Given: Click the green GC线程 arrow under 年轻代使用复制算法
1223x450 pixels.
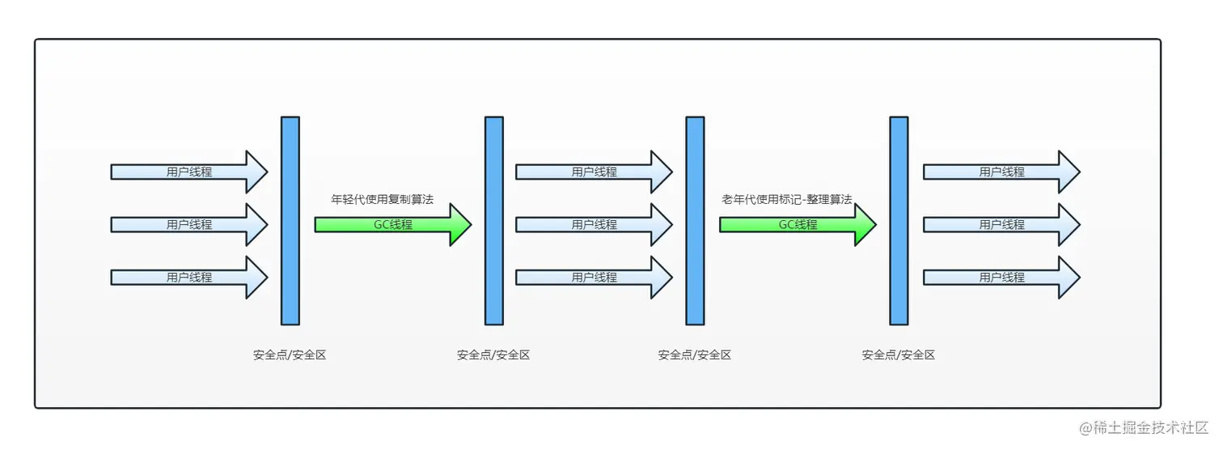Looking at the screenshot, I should pos(392,224).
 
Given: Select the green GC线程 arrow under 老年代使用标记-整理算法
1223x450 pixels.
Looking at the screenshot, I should pos(798,224).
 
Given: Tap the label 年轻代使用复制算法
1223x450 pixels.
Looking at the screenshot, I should pos(383,199).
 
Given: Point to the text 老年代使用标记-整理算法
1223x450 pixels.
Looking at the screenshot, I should pos(786,199).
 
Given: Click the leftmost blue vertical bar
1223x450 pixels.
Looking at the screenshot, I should pos(290,220).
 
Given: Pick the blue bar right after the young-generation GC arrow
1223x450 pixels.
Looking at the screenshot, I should pos(494,220).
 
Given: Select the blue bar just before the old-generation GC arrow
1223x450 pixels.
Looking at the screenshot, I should pos(695,220).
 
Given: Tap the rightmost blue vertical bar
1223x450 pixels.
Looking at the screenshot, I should pos(899,220).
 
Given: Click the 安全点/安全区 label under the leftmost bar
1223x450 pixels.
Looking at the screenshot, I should pos(290,354).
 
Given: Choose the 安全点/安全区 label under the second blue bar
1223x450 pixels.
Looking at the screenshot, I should pos(493,354).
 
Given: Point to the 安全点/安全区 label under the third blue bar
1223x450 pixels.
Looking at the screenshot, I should pos(695,354).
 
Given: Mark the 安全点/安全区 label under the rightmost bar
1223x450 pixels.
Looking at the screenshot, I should pos(899,354).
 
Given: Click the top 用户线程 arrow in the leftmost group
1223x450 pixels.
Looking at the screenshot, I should pos(189,172).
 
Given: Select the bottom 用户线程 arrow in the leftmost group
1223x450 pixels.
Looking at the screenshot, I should pos(189,277).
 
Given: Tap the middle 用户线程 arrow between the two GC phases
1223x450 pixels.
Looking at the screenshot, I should pos(595,224).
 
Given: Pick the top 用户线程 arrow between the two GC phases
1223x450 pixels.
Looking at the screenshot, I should pos(595,172).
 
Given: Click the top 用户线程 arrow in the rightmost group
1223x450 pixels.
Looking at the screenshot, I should pos(1001,172).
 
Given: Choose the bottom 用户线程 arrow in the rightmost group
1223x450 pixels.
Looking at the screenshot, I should pos(1001,277).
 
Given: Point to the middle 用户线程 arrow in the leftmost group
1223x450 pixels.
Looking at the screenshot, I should pos(189,224).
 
